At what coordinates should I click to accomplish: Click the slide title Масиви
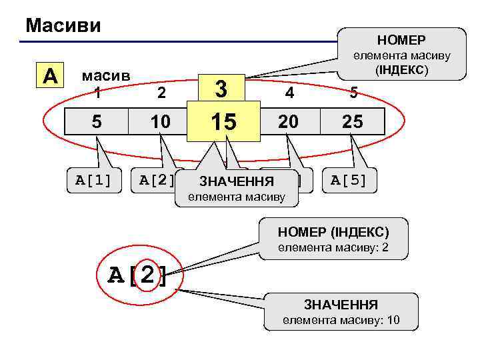tap(63, 25)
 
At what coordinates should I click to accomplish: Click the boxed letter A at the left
tap(49, 75)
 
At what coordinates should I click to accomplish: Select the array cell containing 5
tap(97, 122)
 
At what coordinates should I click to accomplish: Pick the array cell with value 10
tap(161, 122)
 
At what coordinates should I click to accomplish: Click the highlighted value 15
tap(223, 122)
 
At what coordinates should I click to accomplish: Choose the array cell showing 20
tap(289, 122)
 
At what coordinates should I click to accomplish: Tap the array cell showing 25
tap(353, 122)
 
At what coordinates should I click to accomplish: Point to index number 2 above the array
tap(161, 93)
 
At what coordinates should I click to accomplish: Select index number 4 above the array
tap(289, 93)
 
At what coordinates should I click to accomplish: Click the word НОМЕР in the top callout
tap(401, 39)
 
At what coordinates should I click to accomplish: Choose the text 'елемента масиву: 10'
tap(341, 320)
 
